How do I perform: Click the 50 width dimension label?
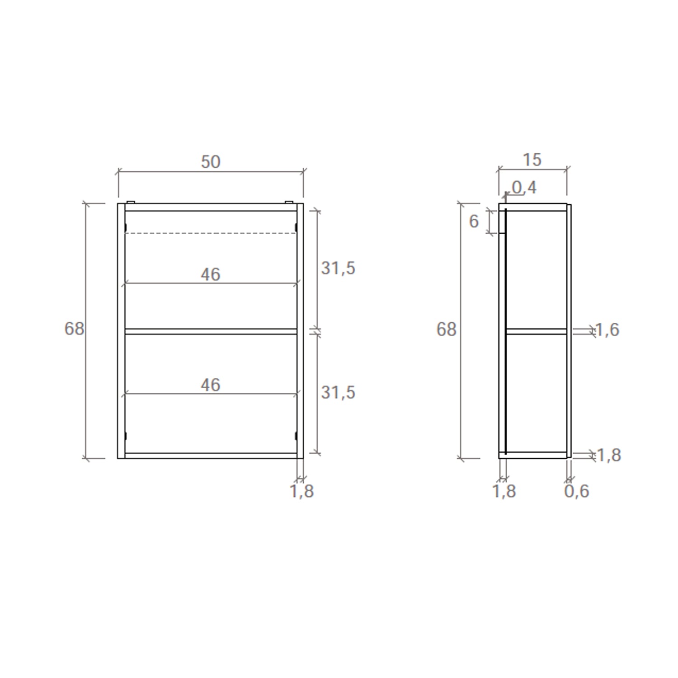(210, 162)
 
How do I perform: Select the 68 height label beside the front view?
(74, 329)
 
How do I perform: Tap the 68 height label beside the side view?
(446, 330)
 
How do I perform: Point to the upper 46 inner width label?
(210, 274)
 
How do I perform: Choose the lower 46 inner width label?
(210, 385)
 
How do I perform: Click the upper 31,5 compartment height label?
(338, 268)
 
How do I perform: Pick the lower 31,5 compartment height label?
(338, 392)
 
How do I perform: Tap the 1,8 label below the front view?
(301, 491)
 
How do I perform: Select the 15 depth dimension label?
(532, 160)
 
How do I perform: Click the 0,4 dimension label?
(524, 188)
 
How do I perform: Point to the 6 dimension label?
(474, 221)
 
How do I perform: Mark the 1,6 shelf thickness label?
(607, 330)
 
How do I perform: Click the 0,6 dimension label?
(577, 491)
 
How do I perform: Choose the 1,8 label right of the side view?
(609, 455)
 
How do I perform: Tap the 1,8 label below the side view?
(504, 491)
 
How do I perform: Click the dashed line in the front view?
(210, 233)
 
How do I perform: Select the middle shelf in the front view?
(210, 332)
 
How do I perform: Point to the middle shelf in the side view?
(536, 332)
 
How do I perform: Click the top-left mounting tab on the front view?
(131, 202)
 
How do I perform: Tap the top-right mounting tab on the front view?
(289, 202)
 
